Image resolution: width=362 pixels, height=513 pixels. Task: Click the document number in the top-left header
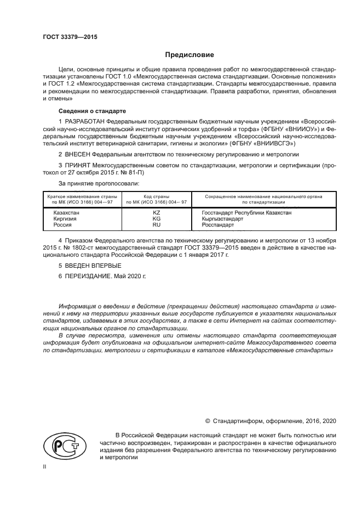[66, 38]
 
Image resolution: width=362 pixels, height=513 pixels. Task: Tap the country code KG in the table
[156, 218]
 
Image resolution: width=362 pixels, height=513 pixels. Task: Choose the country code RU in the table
[156, 225]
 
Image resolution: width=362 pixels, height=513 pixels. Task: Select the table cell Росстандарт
[218, 225]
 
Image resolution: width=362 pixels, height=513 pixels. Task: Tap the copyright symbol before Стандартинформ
[208, 421]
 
